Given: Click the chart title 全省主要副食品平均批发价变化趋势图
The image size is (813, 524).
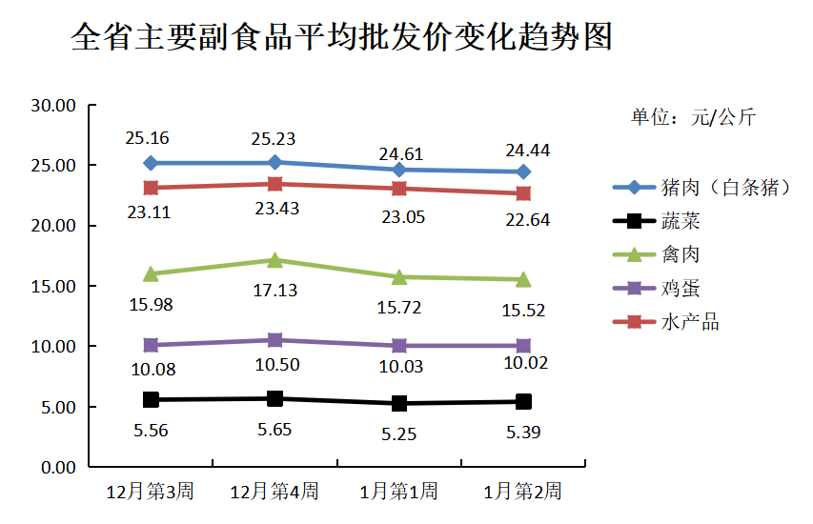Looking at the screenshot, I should [x=341, y=38].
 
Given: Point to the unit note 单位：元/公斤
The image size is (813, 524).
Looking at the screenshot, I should [x=693, y=117].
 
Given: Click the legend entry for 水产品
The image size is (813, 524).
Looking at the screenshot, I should [x=690, y=322].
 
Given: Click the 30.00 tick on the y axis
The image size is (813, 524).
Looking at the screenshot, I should [x=53, y=106].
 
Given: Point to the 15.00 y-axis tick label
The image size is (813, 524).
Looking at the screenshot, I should [x=53, y=286].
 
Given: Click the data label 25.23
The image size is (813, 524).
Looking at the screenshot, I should [x=274, y=139].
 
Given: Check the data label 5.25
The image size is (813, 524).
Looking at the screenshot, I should [x=399, y=433].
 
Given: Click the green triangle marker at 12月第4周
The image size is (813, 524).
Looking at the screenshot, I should [x=274, y=259].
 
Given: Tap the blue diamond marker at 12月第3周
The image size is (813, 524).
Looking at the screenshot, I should [x=151, y=163].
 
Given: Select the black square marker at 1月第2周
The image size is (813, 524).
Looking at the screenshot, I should [x=523, y=402].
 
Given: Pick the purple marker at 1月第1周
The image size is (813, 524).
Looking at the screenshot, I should [x=399, y=346].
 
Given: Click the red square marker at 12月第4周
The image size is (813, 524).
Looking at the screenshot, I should [x=274, y=184].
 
